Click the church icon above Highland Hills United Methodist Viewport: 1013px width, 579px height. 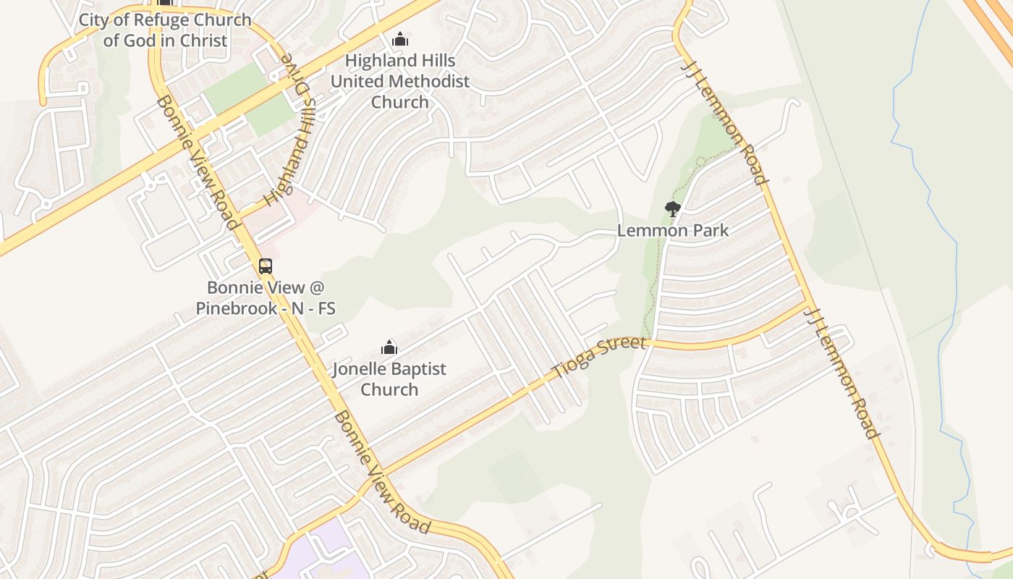[x=400, y=39]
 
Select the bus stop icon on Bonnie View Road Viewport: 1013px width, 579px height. [x=266, y=266]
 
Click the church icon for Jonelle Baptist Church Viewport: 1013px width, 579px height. [x=389, y=347]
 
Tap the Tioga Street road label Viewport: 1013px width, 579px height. [x=598, y=357]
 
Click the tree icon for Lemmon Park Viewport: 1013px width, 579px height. [x=673, y=209]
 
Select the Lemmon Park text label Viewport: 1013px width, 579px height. [x=672, y=231]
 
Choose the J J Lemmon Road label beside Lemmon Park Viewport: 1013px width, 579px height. [x=724, y=122]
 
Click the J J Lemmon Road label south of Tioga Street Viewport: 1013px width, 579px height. [x=844, y=373]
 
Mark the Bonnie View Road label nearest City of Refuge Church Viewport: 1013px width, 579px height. [x=196, y=161]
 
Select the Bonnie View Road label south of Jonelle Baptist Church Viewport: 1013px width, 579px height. [x=382, y=472]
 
